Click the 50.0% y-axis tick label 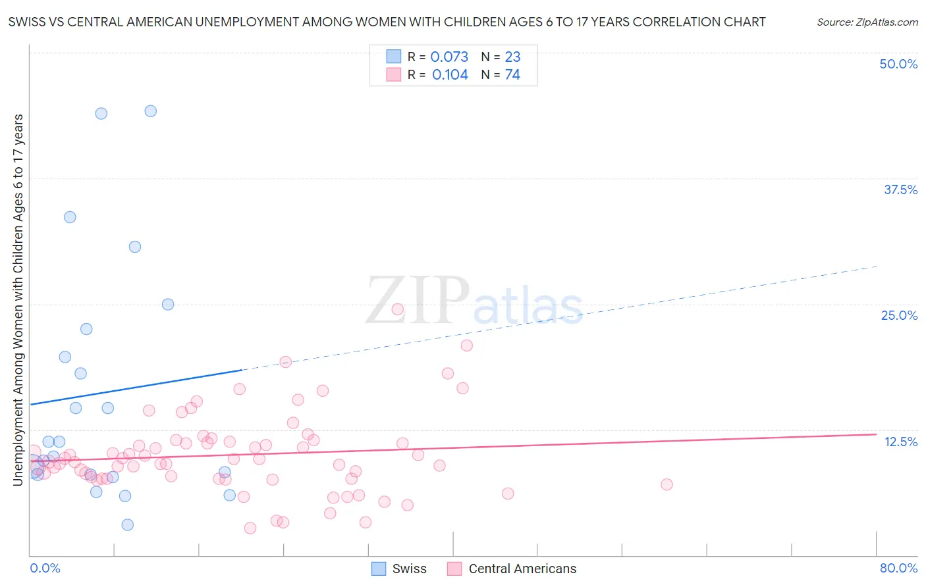[x=898, y=64]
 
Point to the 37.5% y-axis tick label [x=900, y=190]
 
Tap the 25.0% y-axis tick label [x=899, y=315]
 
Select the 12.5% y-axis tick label [x=900, y=442]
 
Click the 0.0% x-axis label [x=45, y=568]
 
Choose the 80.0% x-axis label [x=898, y=568]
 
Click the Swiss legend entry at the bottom [x=399, y=569]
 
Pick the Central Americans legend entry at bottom [x=512, y=569]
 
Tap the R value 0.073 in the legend [x=449, y=57]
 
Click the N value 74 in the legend [x=512, y=74]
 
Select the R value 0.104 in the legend [x=450, y=74]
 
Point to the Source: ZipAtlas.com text [x=867, y=22]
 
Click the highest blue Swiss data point [x=151, y=111]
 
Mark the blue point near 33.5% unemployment [x=70, y=217]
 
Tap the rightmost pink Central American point [x=667, y=484]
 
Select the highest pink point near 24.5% [x=398, y=309]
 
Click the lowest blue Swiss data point [x=128, y=524]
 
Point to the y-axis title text [x=18, y=299]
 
